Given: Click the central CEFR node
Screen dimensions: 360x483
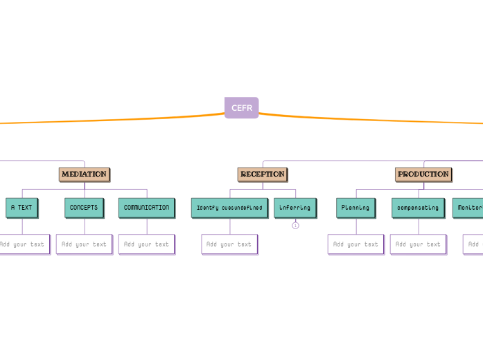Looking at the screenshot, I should pos(241,107).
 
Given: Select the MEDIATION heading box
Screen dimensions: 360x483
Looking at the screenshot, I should pos(84,174).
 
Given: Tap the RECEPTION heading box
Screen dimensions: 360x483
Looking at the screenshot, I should pos(263,174).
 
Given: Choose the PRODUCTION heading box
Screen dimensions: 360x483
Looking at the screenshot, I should pos(423,174).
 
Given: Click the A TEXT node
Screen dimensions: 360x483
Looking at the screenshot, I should pos(21,207).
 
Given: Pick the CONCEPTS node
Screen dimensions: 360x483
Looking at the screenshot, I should pos(84,207).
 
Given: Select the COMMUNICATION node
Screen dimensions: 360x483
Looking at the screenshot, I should pos(146,207).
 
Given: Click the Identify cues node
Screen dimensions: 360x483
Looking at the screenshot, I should pos(229,207).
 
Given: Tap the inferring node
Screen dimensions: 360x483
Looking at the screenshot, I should pos(295,207).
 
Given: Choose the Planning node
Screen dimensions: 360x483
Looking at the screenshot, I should pos(355,207).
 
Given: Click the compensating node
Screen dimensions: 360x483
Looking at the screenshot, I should pos(418,207).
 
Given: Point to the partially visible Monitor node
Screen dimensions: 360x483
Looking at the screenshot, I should pos(468,207).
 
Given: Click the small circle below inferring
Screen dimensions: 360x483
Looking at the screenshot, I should pos(295,225).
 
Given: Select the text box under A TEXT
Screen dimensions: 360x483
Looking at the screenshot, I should pos(23,244).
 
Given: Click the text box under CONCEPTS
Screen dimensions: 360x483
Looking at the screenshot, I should pos(84,244).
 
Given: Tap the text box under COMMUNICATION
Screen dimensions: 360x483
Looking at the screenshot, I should pos(146,244).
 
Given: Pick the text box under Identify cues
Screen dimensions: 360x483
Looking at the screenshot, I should pos(229,244).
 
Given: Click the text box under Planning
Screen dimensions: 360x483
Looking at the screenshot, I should pos(355,244).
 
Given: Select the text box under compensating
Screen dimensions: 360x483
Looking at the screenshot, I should pos(418,244).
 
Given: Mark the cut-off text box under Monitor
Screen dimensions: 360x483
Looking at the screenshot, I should pos(473,244).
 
